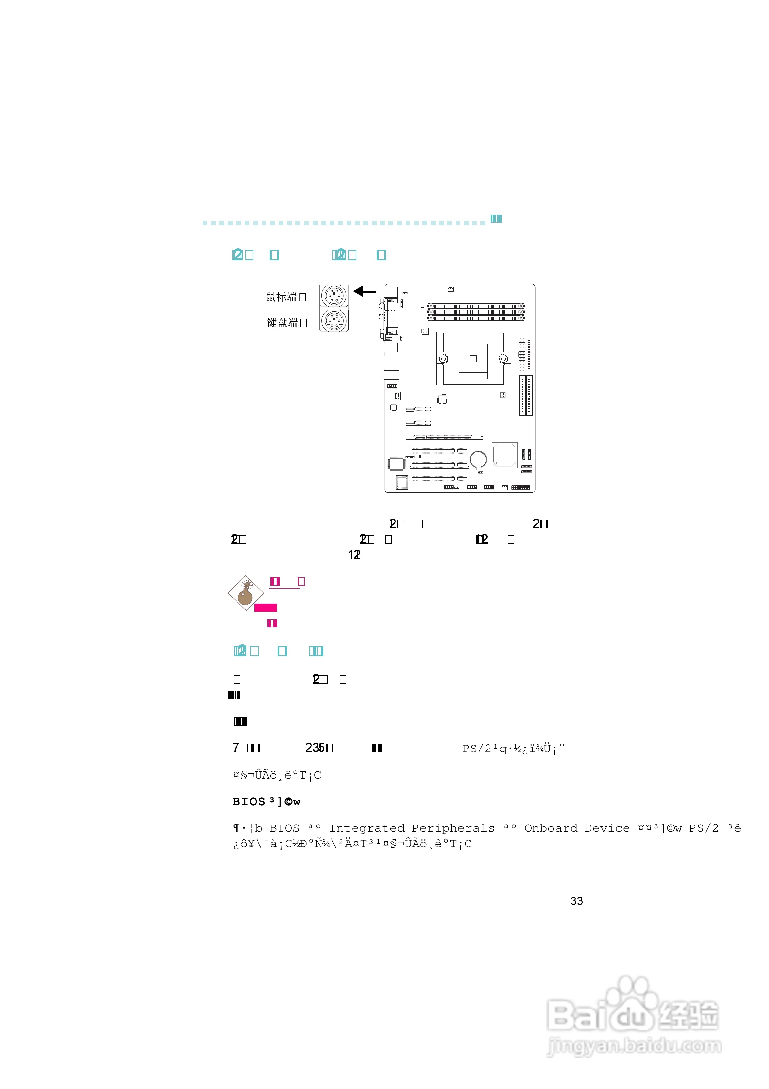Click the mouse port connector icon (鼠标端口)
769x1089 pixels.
point(334,296)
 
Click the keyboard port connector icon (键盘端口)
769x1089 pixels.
point(334,321)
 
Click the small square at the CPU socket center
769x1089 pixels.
point(473,359)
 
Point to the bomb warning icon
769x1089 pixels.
point(246,593)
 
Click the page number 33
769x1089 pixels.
point(576,901)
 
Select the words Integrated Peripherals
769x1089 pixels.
point(412,828)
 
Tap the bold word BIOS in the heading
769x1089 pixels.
point(249,802)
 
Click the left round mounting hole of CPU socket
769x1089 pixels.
point(443,359)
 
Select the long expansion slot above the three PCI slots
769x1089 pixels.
point(444,437)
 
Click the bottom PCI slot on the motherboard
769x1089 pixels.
point(439,478)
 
